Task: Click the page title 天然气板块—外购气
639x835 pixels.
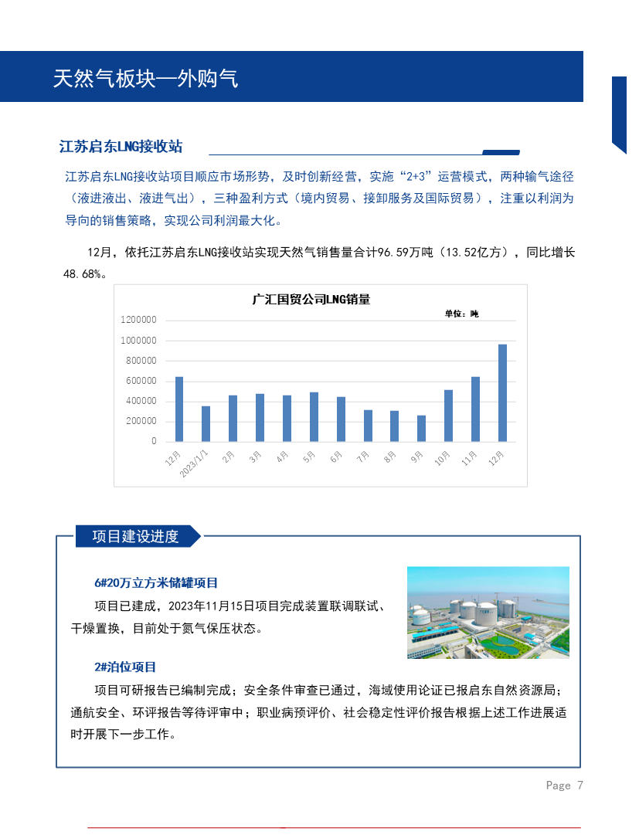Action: click(x=145, y=78)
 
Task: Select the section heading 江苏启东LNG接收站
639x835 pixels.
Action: click(x=121, y=147)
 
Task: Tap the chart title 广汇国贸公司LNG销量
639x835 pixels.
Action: click(x=311, y=300)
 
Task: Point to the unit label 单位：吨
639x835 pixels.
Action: click(x=461, y=314)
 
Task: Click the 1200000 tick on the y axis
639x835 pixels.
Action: click(x=139, y=320)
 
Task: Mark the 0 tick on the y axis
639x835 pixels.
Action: click(x=154, y=441)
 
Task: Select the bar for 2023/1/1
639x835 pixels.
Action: click(x=206, y=423)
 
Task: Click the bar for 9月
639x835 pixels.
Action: click(x=421, y=428)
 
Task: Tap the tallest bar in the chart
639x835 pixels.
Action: click(x=502, y=392)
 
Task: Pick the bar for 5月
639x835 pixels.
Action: click(x=314, y=416)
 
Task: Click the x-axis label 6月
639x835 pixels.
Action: click(x=336, y=457)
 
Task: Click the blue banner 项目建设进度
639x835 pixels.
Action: click(x=135, y=536)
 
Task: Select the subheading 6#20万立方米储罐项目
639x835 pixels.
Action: click(x=156, y=582)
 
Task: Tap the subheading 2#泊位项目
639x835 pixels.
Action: click(x=125, y=667)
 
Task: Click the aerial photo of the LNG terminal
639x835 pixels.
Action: click(x=488, y=612)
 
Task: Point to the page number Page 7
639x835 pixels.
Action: click(x=564, y=786)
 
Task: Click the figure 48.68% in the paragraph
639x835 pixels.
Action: click(x=83, y=273)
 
